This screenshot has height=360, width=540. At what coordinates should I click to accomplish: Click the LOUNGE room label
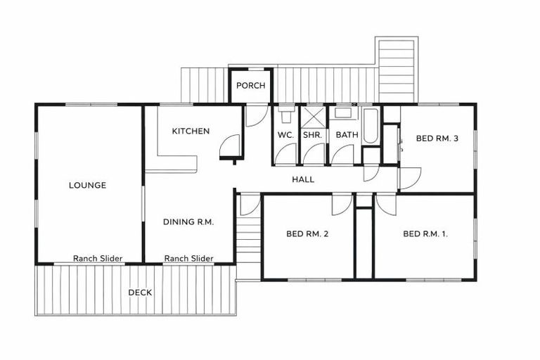coord(88,186)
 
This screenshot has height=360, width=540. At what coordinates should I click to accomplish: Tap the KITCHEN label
coord(191,131)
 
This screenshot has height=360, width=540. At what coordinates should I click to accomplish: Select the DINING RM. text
coord(188,221)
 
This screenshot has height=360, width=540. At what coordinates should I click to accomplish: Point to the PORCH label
coord(250,86)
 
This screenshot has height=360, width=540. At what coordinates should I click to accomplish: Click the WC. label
coord(285,135)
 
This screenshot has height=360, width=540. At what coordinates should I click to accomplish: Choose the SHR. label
coord(311,135)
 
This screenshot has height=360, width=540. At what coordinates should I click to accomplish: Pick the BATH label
coord(347,135)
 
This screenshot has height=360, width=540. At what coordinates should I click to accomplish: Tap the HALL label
coord(303,180)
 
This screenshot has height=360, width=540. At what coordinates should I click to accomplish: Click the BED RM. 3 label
coord(437,139)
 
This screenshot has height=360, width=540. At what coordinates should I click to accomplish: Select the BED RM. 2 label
coord(308,234)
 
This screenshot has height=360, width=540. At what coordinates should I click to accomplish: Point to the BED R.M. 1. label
coord(425,234)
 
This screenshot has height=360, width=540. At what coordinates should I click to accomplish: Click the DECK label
coord(140,292)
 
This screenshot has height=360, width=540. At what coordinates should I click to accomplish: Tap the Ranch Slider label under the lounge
coord(98,259)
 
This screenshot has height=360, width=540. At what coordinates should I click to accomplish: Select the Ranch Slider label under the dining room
coord(188,259)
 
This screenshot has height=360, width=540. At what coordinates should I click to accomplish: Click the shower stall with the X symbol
coord(311,115)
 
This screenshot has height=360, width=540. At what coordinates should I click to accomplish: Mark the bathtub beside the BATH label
coord(371,127)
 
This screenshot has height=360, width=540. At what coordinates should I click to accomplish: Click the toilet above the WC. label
coord(285,112)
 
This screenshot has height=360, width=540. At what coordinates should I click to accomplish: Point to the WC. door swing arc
coord(286,154)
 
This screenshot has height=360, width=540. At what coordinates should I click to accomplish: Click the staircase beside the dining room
coord(248,239)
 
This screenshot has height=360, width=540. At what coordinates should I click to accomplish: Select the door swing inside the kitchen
coord(229,147)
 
